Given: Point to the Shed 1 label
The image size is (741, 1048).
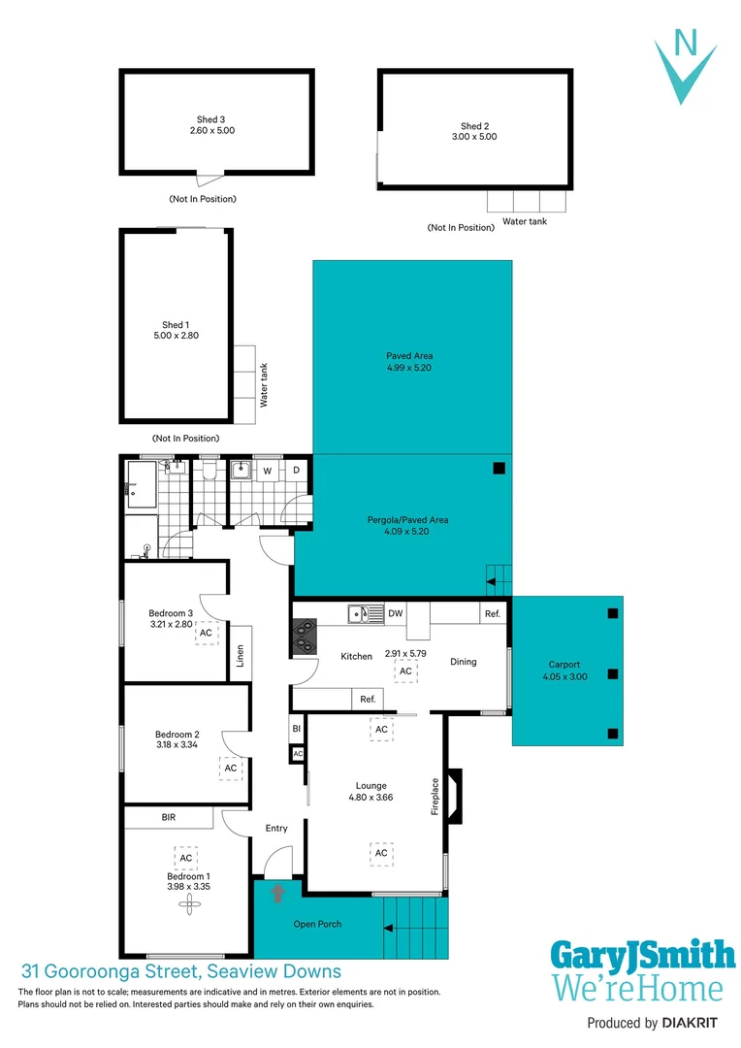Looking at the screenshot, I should [x=175, y=325].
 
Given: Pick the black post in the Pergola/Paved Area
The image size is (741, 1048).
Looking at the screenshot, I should [x=499, y=469].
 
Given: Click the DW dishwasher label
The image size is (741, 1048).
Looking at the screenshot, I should [x=395, y=614].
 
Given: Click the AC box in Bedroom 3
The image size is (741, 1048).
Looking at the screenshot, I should [x=206, y=633].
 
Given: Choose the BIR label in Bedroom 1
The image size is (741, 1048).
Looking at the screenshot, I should [x=169, y=818].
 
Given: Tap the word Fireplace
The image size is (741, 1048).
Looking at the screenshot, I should [x=435, y=796].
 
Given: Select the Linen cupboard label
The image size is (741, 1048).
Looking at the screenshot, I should [x=241, y=657].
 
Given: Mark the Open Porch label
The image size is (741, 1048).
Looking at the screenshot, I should [x=317, y=924].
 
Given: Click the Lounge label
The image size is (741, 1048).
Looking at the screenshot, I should [x=370, y=786].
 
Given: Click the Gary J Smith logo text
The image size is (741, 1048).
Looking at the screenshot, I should [x=642, y=956].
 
